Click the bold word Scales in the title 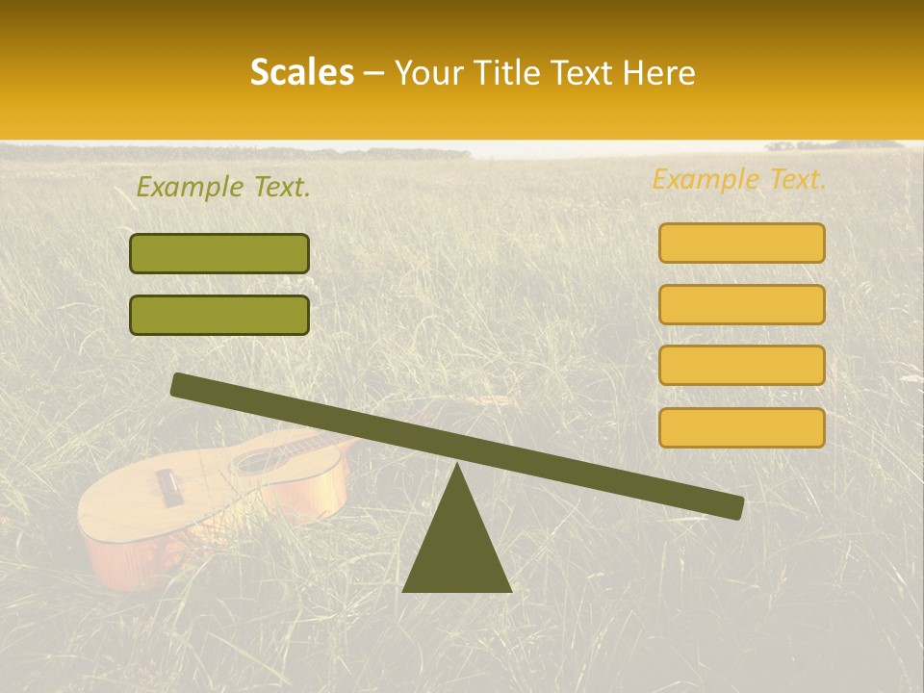tap(301, 73)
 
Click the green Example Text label tap(223, 188)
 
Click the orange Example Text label tap(739, 179)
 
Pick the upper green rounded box tap(219, 253)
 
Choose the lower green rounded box tap(219, 315)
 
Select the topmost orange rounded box tap(741, 243)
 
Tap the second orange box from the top tap(741, 304)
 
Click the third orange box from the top tap(741, 365)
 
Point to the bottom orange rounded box tap(741, 426)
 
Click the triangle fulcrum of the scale tap(457, 544)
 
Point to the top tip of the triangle tap(457, 466)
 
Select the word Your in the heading tap(425, 73)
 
